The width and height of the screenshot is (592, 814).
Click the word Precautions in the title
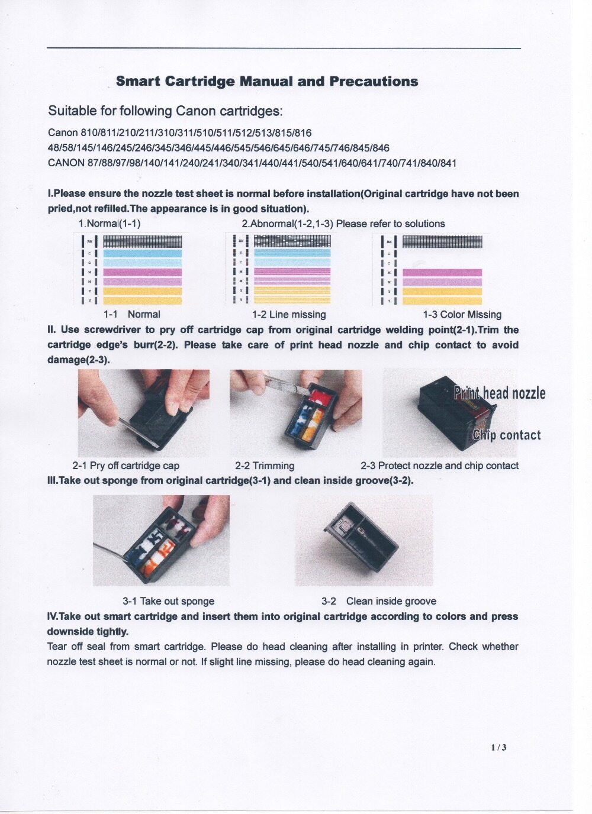point(374,82)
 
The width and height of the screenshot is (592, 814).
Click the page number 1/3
point(498,747)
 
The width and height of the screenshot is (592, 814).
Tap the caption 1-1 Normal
point(131,315)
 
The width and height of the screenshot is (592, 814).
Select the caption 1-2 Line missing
point(289,315)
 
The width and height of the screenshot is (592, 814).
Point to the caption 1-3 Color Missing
point(462,315)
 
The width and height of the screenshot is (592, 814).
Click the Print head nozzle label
point(500,393)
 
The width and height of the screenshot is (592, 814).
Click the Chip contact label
point(507,435)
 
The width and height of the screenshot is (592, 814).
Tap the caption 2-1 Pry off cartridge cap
point(126,466)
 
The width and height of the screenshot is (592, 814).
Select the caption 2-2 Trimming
point(264,466)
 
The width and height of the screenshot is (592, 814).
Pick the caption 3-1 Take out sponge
point(168,601)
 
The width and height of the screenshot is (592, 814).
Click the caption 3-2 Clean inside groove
point(379,601)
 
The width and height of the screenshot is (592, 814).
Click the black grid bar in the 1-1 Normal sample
point(142,241)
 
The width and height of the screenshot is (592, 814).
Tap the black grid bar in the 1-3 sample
point(442,241)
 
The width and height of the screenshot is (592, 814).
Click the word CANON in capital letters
point(66,163)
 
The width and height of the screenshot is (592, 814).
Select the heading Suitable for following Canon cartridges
point(165,111)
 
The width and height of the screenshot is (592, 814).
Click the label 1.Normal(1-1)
point(110,224)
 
